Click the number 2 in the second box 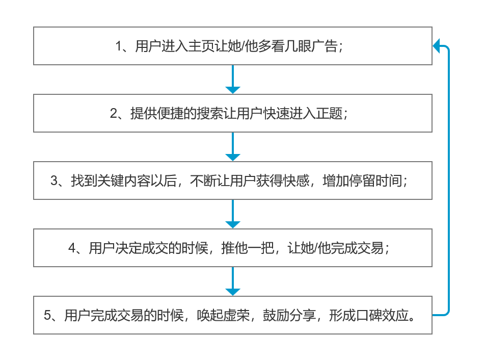(x=114, y=114)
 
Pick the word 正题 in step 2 (x=329, y=113)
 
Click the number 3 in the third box (x=54, y=181)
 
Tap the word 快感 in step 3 (x=297, y=181)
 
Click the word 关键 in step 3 (x=111, y=181)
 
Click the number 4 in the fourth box (x=72, y=248)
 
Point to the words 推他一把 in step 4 (x=248, y=248)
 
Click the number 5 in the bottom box (x=47, y=316)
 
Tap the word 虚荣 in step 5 (x=236, y=315)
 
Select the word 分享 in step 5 (x=303, y=315)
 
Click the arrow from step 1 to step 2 (x=233, y=79)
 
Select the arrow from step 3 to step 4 (x=233, y=214)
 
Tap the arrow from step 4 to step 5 (x=233, y=281)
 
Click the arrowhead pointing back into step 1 (x=436, y=46)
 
